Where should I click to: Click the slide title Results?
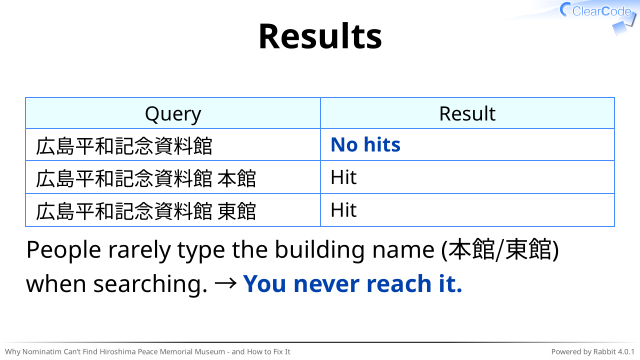point(320,36)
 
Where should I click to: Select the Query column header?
point(173,114)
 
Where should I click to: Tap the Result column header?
point(467,113)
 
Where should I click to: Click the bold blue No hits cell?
point(365,145)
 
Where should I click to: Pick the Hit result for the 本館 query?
point(344,178)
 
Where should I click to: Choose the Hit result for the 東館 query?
point(344,210)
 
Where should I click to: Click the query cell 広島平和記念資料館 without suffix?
point(124,146)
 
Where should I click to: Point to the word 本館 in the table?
point(237,179)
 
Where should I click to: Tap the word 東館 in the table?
point(237,211)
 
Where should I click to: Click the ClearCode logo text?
point(601,11)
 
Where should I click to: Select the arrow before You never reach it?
point(225,284)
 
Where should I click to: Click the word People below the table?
point(64,250)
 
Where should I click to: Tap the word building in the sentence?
point(320,249)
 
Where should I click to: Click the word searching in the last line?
point(151,284)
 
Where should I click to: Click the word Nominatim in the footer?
point(42,352)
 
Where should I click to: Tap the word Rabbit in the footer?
point(604,352)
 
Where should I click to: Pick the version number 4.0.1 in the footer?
point(627,352)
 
